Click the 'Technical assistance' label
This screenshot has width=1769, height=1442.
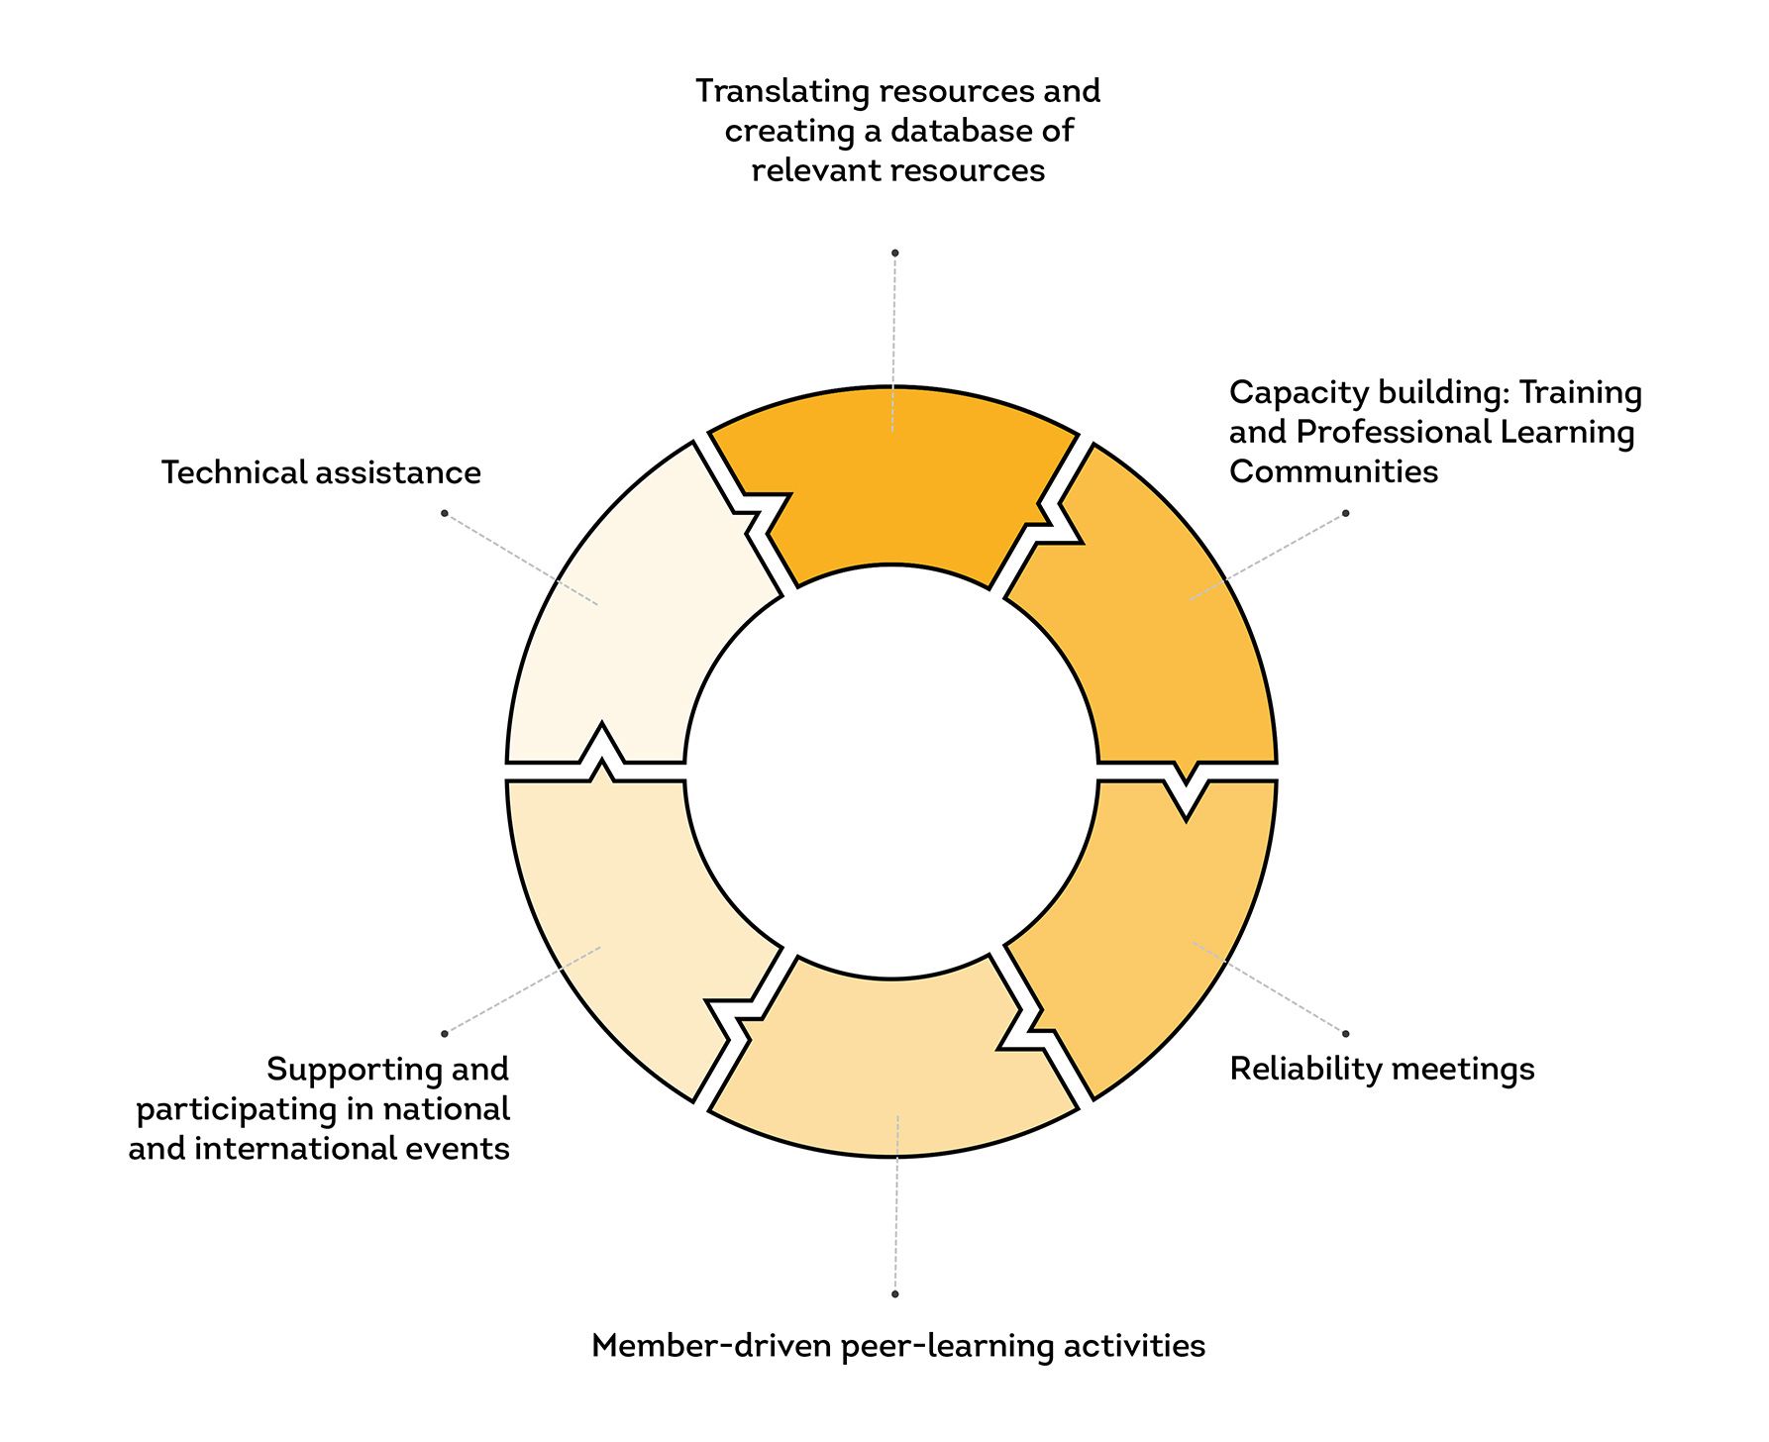click(x=321, y=472)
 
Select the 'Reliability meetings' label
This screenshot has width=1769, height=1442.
click(x=1382, y=1070)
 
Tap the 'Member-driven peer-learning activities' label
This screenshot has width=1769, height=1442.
click(x=898, y=1347)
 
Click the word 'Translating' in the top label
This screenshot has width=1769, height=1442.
click(x=783, y=92)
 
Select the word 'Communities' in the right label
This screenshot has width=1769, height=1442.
click(x=1334, y=471)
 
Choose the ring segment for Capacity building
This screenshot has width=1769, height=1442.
click(x=1159, y=614)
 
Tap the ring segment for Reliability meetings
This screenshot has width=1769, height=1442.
click(x=1159, y=931)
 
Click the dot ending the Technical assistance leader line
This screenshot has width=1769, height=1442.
click(x=444, y=513)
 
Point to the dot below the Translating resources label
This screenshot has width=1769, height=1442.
click(x=894, y=254)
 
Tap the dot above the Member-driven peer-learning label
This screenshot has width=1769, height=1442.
click(x=894, y=1293)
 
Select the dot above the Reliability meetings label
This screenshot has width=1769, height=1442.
click(x=1345, y=1033)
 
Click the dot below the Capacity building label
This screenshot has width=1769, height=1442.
click(x=1345, y=513)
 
